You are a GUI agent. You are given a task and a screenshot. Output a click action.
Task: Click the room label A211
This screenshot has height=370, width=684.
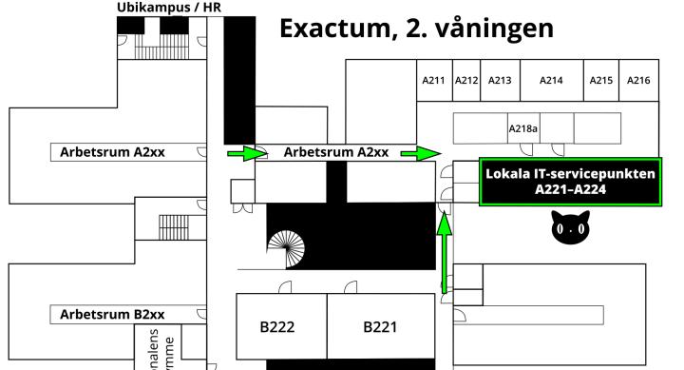tap(433, 81)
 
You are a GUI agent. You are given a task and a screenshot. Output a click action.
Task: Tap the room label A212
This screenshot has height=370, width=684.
tap(465, 81)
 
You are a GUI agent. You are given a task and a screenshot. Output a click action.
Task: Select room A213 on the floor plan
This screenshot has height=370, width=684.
tap(500, 81)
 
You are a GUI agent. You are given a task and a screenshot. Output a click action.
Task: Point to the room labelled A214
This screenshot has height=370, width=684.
tap(551, 81)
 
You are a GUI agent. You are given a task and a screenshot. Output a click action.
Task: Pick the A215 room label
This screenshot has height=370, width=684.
tap(600, 81)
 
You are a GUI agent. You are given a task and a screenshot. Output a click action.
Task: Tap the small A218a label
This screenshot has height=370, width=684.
tap(523, 128)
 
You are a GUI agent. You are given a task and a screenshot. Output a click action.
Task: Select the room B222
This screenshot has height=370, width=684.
tap(277, 327)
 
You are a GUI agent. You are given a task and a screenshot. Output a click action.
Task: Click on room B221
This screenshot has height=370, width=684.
tap(380, 327)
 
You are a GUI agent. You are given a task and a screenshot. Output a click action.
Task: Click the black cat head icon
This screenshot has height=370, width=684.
tap(571, 231)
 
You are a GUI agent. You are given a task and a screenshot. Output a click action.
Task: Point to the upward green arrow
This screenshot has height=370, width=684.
tap(444, 252)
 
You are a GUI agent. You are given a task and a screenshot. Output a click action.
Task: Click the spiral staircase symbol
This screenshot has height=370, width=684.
tap(288, 252)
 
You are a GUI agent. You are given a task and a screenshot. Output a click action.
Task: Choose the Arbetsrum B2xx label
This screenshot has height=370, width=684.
tap(113, 314)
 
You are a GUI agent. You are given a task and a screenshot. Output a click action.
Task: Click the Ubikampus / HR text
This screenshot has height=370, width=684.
tap(171, 8)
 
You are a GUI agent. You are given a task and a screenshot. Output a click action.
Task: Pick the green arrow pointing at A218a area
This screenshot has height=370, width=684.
tap(428, 152)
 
